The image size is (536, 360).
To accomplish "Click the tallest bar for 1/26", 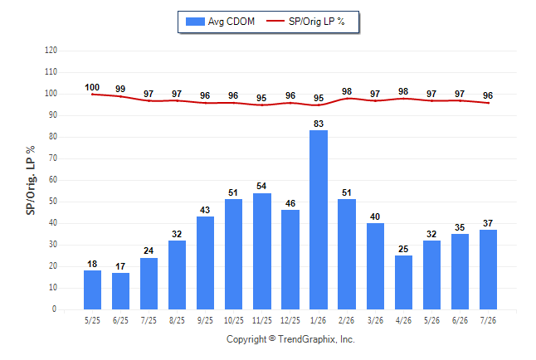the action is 319,220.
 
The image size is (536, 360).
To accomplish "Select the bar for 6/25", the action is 120,291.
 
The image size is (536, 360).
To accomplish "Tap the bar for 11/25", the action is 262,251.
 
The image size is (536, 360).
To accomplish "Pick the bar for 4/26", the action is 403,282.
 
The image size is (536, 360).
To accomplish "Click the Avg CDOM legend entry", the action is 220,22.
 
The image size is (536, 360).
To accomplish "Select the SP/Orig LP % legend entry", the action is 305,22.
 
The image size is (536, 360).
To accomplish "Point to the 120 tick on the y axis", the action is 51,51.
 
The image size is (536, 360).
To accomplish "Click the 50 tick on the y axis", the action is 52,202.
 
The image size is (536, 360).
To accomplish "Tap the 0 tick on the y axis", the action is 55,309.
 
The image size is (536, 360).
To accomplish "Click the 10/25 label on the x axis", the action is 234,320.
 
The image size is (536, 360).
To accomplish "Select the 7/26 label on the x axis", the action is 488,320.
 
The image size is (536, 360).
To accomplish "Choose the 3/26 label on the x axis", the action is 375,320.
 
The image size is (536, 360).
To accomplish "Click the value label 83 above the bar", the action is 319,124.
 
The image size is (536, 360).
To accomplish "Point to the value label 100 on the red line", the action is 92,88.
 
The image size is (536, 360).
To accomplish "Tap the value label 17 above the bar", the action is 120,266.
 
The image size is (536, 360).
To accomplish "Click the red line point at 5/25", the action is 92,95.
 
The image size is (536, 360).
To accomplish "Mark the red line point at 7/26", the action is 489,103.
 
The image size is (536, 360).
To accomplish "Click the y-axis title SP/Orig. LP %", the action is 31,180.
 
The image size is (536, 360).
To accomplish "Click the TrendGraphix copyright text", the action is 290,339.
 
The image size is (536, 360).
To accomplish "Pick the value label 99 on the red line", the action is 120,89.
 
